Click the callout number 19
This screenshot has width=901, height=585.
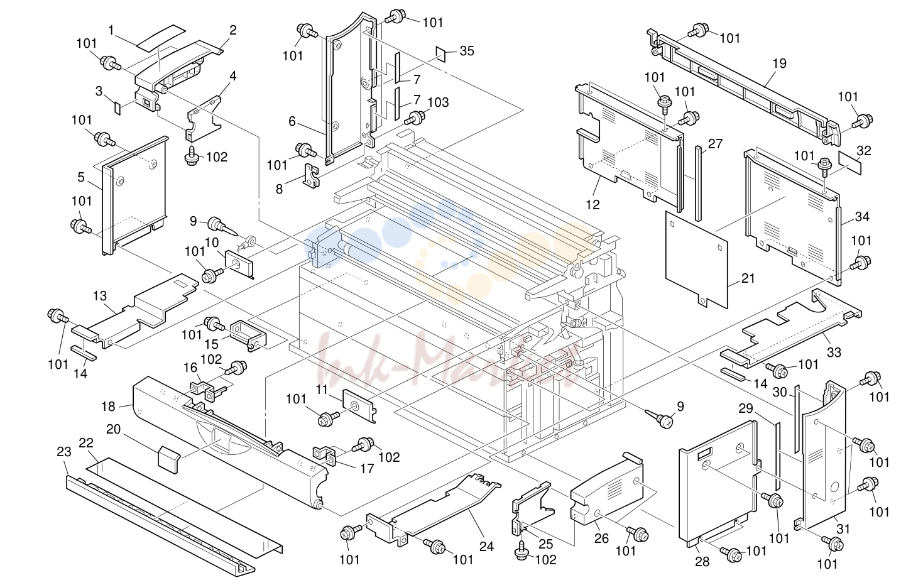tap(779, 63)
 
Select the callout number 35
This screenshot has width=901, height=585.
tap(467, 51)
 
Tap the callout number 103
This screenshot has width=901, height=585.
tap(438, 102)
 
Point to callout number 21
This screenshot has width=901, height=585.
tap(748, 278)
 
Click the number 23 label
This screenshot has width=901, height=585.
tap(64, 452)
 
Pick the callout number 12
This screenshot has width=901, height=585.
tap(592, 205)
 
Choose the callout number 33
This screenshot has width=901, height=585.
tap(834, 353)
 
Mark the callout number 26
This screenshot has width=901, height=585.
tap(601, 539)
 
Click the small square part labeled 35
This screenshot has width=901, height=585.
tap(441, 54)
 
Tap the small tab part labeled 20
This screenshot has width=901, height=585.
tap(168, 459)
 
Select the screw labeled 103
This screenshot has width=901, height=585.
tap(415, 119)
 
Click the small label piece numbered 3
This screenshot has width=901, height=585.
tap(117, 108)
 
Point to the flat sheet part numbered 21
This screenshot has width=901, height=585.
tap(696, 260)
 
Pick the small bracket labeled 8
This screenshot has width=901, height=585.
tap(311, 176)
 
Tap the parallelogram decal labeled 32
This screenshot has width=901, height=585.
tap(849, 163)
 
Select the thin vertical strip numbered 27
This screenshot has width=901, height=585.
tap(698, 183)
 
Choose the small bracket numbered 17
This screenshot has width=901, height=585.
tap(325, 455)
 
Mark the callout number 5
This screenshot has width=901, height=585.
tap(81, 177)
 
